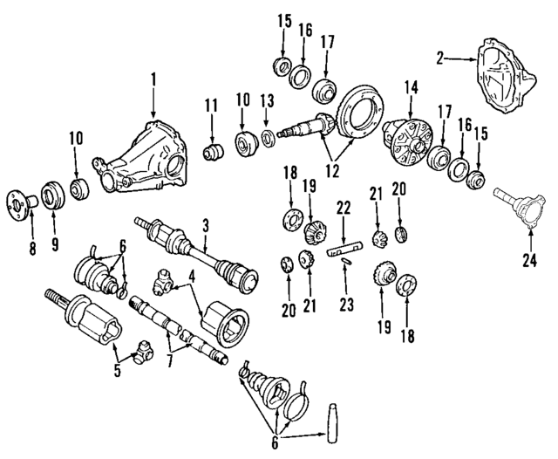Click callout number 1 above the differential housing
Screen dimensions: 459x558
pyautogui.click(x=153, y=79)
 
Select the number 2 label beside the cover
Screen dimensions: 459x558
pyautogui.click(x=441, y=58)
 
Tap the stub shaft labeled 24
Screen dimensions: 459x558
pyautogui.click(x=517, y=206)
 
